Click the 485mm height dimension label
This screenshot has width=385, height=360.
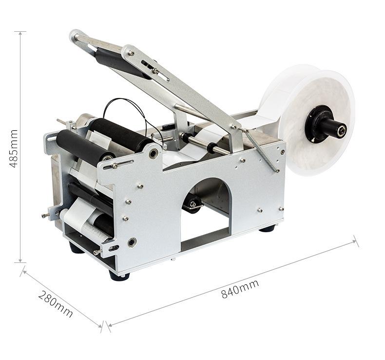tap(13, 148)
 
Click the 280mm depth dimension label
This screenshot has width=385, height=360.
tap(56, 304)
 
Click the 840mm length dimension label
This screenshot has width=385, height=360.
tap(240, 289)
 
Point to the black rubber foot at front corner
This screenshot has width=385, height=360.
tap(119, 276)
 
